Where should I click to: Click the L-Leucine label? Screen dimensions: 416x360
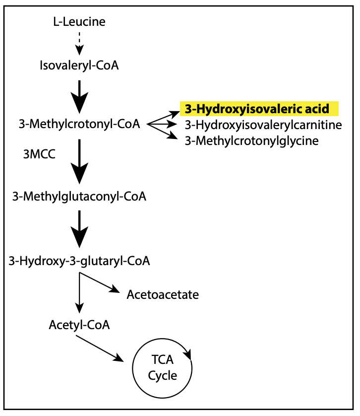79,22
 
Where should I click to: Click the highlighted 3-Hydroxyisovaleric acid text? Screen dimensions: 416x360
257,108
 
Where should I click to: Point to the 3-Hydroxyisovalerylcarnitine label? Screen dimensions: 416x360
263,125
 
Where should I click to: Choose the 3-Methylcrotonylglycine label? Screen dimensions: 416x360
251,141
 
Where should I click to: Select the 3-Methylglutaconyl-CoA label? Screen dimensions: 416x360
79,197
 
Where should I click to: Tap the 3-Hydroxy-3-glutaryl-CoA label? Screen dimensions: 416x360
79,260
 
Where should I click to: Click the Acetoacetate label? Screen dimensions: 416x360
163,294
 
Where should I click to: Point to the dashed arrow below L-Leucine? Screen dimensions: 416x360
79,43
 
